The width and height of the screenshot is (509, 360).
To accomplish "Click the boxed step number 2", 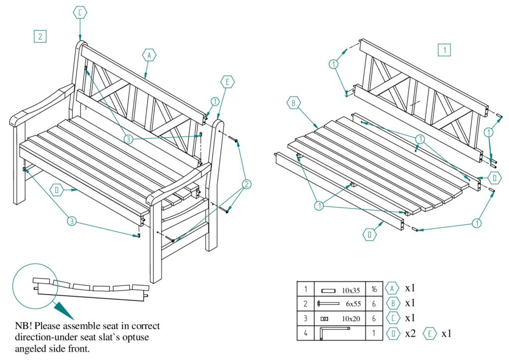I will click(40, 36).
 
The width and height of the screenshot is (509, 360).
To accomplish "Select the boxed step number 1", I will click(444, 50).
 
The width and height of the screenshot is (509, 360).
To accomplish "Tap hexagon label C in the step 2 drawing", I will click(80, 13).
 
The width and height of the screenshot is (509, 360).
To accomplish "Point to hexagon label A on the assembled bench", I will click(149, 55).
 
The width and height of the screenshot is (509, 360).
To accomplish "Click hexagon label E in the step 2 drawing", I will click(227, 83).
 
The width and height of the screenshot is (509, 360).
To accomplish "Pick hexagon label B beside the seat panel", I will click(294, 103).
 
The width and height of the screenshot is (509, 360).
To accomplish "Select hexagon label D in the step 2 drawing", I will click(58, 189).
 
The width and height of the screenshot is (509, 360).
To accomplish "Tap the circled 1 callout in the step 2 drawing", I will click(215, 101).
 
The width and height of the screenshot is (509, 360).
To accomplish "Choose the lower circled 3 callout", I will click(72, 222).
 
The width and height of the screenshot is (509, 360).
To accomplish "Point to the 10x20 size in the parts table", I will click(350, 318).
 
